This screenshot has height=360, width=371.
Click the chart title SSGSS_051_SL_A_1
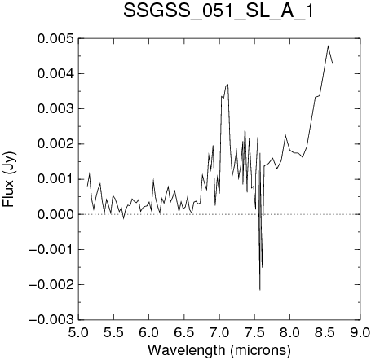coord(219,11)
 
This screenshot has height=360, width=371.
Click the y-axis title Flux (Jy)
coord(9,179)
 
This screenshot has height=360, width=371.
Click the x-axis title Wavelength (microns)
coord(219,350)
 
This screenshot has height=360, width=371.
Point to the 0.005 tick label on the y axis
coord(55,38)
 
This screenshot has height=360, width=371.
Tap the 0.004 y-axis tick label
coord(55,74)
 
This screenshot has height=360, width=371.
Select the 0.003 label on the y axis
coord(55,109)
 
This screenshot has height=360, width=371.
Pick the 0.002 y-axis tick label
coord(55,144)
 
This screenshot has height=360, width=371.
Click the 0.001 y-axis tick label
coord(55,179)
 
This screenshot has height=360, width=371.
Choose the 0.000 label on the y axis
coord(55,214)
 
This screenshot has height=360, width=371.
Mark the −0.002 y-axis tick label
coord(51,285)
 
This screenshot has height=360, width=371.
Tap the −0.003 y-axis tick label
coord(51,320)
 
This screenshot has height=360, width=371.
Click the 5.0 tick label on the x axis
coord(78,332)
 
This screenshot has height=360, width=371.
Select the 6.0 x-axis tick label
coord(149,332)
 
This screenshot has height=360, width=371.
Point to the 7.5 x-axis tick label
coord(254,332)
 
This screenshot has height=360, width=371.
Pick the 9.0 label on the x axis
coord(360,332)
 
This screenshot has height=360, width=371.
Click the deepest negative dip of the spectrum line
coord(260,290)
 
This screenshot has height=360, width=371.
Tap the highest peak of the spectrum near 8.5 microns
coord(329,46)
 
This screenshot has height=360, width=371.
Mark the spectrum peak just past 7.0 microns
coord(227,85)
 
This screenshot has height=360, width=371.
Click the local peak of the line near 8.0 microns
coord(285,135)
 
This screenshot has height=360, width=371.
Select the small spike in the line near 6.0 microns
coord(153,179)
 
